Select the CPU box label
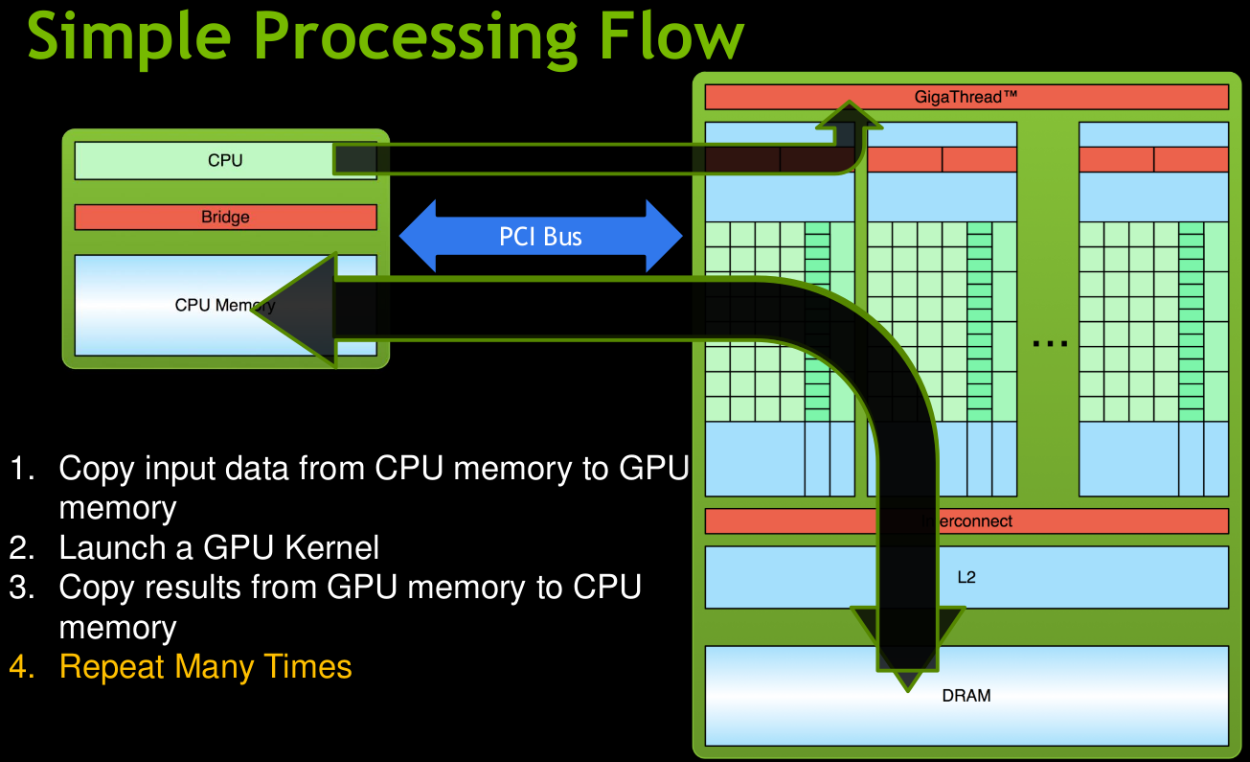point(225,161)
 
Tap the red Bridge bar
point(225,218)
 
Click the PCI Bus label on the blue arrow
point(540,236)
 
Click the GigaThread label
point(966,97)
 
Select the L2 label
point(966,578)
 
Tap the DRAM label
point(966,696)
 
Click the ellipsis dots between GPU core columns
point(1050,343)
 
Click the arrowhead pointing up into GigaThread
point(849,114)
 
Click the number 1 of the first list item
point(20,470)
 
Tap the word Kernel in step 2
point(332,548)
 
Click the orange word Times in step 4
point(306,666)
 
